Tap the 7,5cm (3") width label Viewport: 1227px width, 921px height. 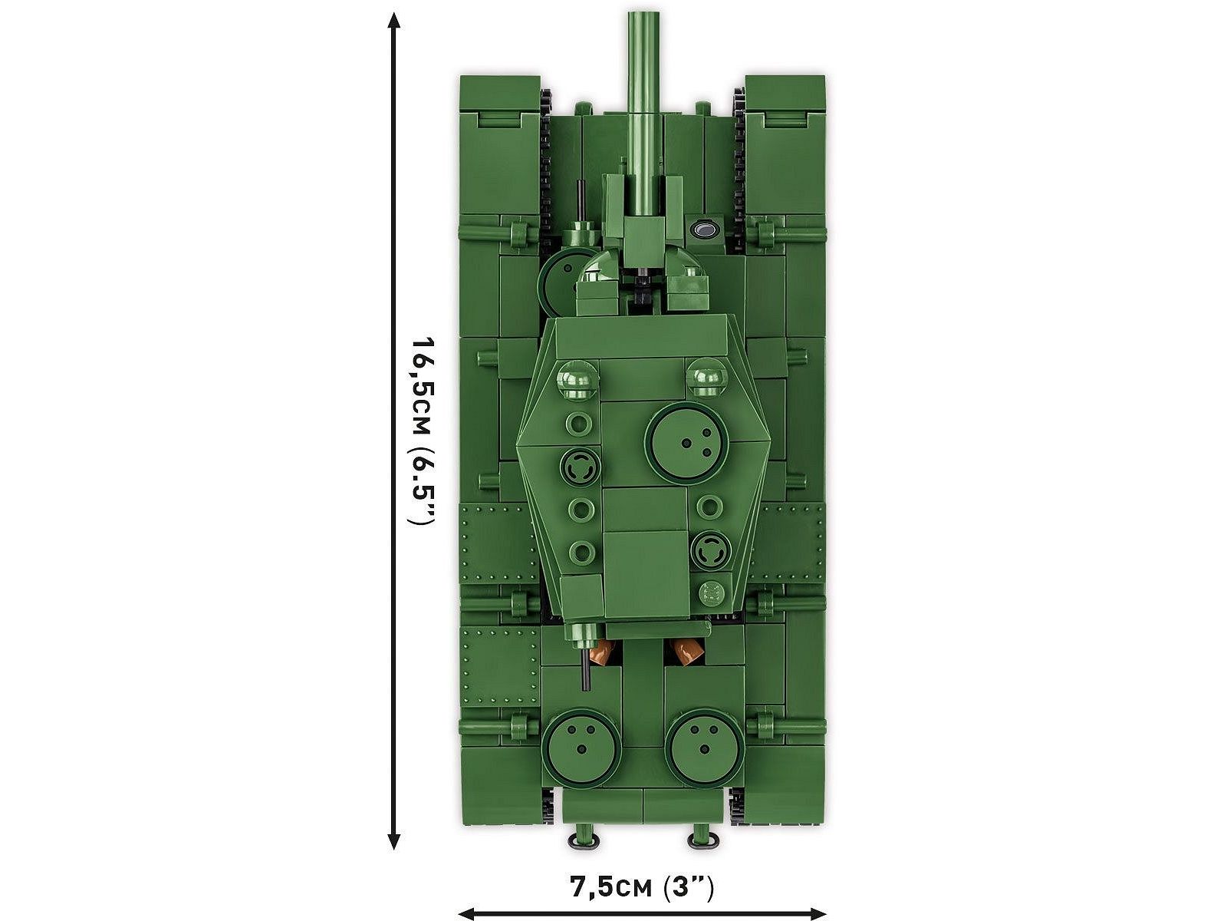pos(641,887)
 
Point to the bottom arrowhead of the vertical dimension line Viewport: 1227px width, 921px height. pos(394,840)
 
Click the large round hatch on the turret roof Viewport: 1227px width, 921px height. pos(686,442)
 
